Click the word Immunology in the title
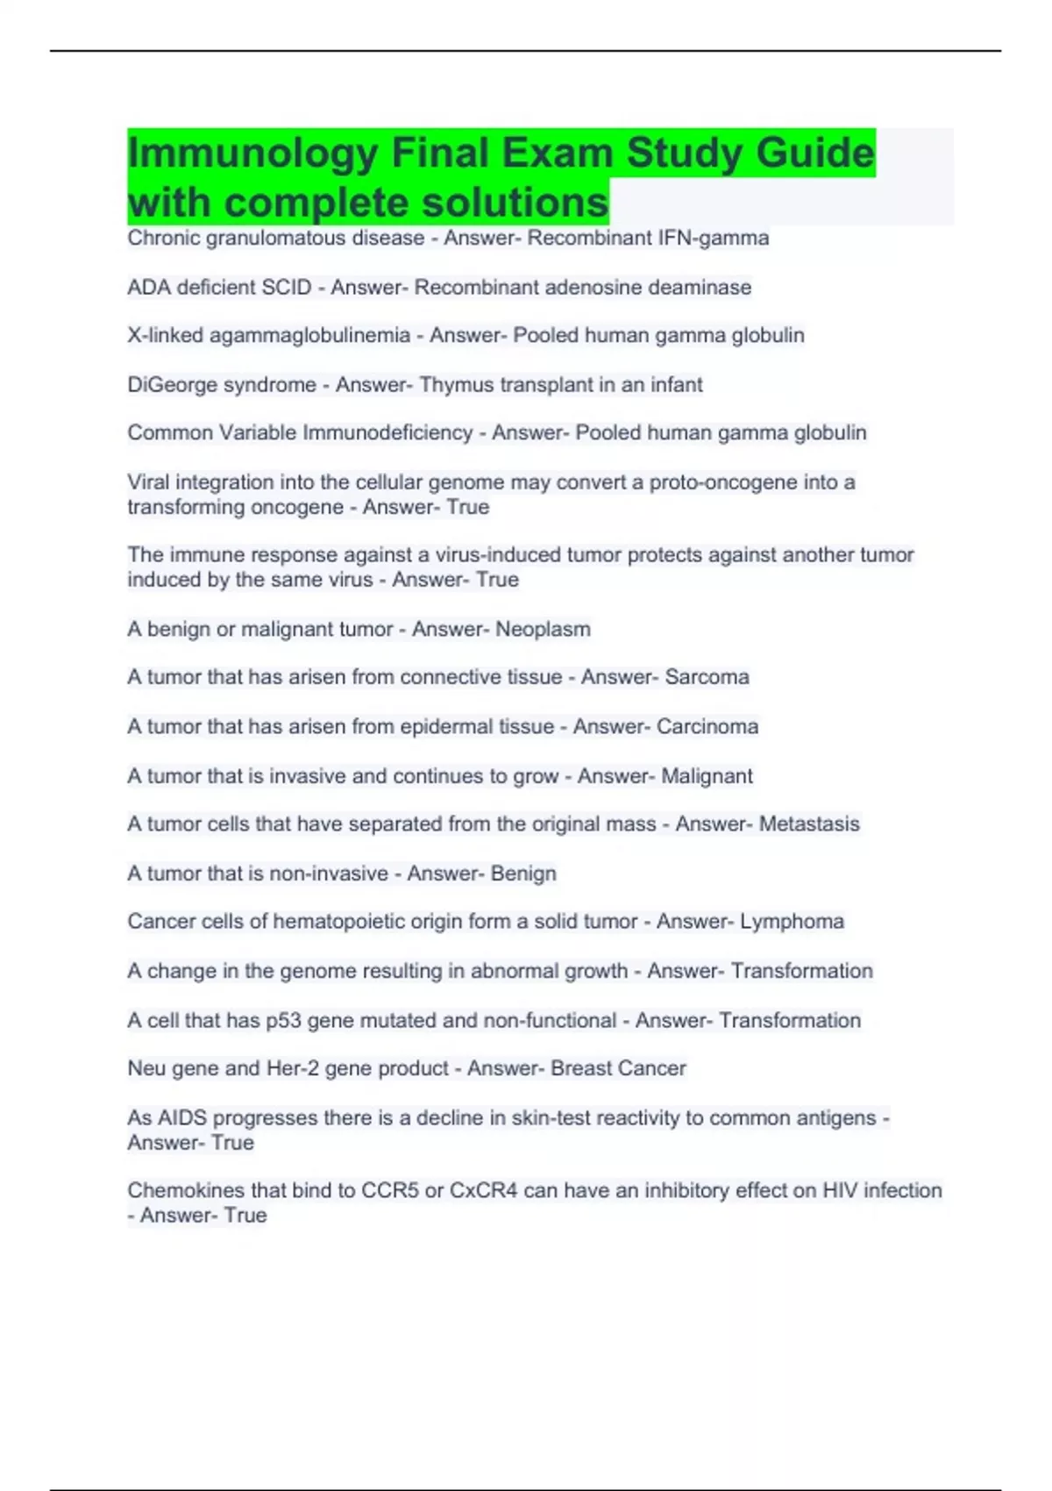click(252, 154)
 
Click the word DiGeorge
click(170, 385)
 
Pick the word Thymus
click(451, 385)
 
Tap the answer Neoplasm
click(543, 630)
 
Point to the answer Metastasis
click(809, 824)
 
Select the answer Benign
click(523, 874)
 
